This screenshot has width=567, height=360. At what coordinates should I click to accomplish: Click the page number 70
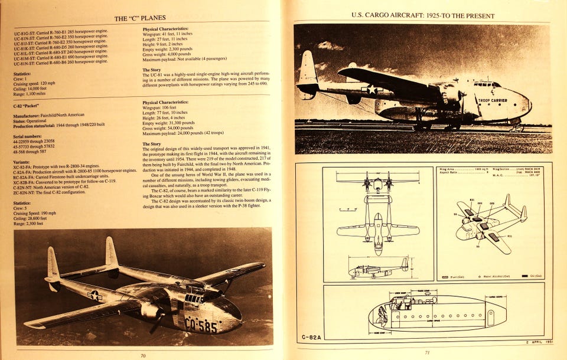(142, 355)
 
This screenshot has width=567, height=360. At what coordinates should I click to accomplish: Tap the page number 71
(427, 353)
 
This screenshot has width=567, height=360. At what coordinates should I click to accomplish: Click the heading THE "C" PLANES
(139, 18)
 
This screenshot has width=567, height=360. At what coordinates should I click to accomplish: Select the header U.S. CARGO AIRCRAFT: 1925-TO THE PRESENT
(423, 15)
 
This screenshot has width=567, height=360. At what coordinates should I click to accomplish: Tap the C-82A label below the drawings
(312, 337)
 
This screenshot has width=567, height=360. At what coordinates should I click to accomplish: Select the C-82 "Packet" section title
(29, 106)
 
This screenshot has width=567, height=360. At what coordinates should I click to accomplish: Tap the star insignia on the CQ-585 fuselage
(94, 296)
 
